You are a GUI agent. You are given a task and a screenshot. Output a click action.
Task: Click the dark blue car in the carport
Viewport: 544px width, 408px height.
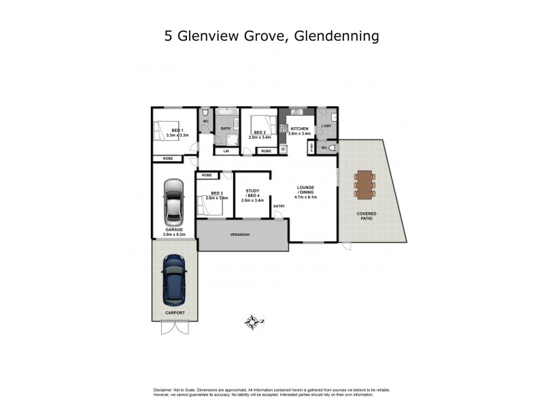(x=175, y=279)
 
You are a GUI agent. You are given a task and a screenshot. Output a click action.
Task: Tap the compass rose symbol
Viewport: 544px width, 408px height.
(x=254, y=322)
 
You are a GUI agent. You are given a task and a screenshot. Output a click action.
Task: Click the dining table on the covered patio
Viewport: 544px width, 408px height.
(x=364, y=184)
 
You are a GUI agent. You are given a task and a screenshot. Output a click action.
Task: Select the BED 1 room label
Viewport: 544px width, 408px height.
(x=177, y=131)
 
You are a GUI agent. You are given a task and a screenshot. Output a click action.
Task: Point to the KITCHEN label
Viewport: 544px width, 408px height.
(x=299, y=129)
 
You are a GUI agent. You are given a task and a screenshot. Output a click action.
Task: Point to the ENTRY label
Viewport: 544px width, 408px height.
(x=279, y=206)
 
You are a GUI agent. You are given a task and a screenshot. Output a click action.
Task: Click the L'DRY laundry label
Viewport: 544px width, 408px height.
(x=326, y=126)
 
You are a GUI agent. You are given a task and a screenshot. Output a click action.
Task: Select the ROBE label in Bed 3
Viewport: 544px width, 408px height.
(x=207, y=175)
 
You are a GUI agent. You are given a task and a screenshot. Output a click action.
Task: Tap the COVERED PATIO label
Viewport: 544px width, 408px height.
(x=367, y=216)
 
